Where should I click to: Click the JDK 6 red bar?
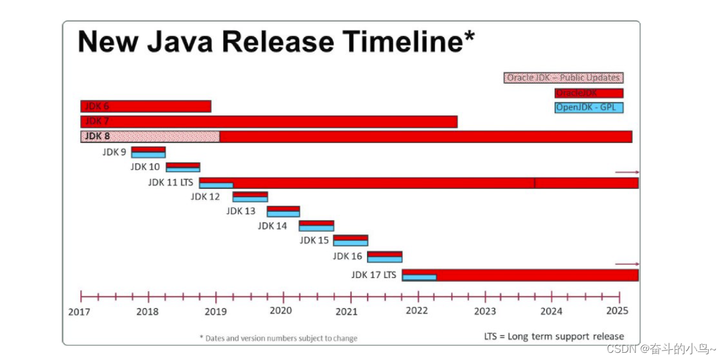pos(146,106)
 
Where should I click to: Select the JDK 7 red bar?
pos(269,122)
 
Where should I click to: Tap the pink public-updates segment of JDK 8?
pos(150,136)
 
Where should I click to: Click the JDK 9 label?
pos(114,152)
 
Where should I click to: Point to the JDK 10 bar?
pos(183,167)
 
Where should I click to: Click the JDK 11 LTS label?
pos(171,182)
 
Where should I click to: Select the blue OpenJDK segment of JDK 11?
pos(216,185)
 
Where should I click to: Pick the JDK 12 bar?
pos(250,197)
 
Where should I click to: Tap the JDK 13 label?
pos(241,211)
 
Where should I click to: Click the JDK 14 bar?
pos(316,225)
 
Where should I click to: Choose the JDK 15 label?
pos(314,240)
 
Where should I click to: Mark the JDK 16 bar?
pos(384,257)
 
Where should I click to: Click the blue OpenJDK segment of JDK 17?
pos(419,277)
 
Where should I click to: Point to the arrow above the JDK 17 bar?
pos(627,264)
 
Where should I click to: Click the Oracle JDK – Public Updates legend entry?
pos(564,78)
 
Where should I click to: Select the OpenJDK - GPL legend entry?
pos(589,108)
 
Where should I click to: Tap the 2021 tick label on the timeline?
pos(347,311)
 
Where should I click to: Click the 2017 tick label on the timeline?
pos(80,311)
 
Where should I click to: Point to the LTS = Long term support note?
pos(553,336)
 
